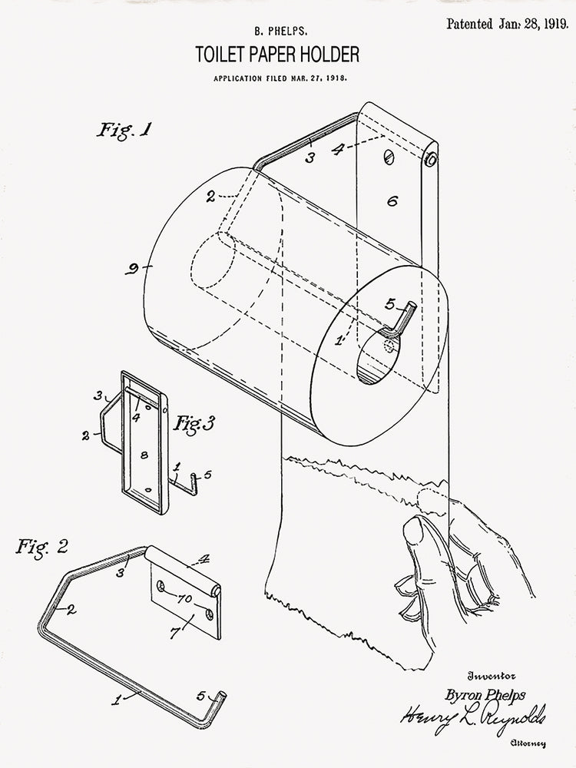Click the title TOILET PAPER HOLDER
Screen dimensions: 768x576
click(276, 55)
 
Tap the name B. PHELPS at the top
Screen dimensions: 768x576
click(276, 32)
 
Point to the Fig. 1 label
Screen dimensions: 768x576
click(124, 130)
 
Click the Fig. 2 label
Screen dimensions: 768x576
click(42, 547)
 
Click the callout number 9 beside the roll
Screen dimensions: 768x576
click(133, 269)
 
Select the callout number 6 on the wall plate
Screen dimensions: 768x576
click(392, 201)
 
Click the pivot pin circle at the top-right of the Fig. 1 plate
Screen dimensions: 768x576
click(431, 161)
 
